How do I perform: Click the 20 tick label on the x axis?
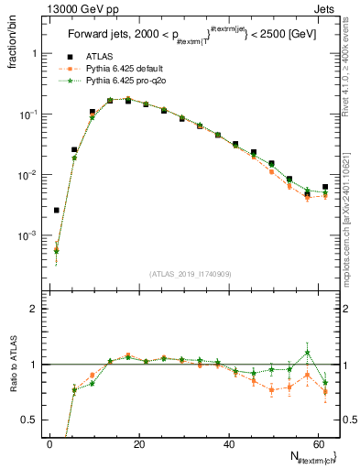[138, 444]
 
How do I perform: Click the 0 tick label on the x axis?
[49, 444]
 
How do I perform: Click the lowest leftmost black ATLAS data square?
[57, 210]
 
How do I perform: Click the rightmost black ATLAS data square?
[325, 187]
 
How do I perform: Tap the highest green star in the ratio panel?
[308, 353]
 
